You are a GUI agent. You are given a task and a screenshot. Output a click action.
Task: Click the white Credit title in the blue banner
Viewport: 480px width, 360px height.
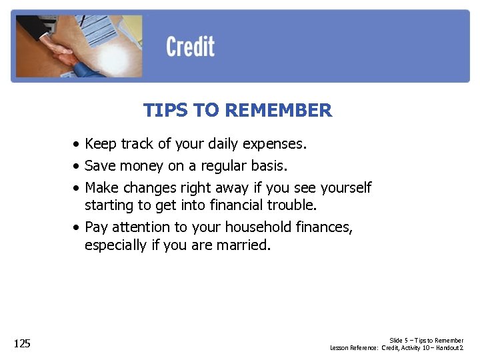click(x=190, y=47)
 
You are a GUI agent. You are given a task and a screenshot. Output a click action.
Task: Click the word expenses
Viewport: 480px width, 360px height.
click(x=274, y=144)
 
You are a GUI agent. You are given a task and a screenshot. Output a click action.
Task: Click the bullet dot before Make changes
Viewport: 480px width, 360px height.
click(x=78, y=188)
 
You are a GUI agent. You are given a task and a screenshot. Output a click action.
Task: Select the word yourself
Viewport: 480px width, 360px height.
click(x=343, y=188)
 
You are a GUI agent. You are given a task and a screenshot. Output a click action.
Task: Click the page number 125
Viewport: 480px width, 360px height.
click(x=22, y=344)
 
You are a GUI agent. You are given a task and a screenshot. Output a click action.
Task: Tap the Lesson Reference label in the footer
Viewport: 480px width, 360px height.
click(x=354, y=348)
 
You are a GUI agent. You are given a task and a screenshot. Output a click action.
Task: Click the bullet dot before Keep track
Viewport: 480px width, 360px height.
click(x=78, y=145)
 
